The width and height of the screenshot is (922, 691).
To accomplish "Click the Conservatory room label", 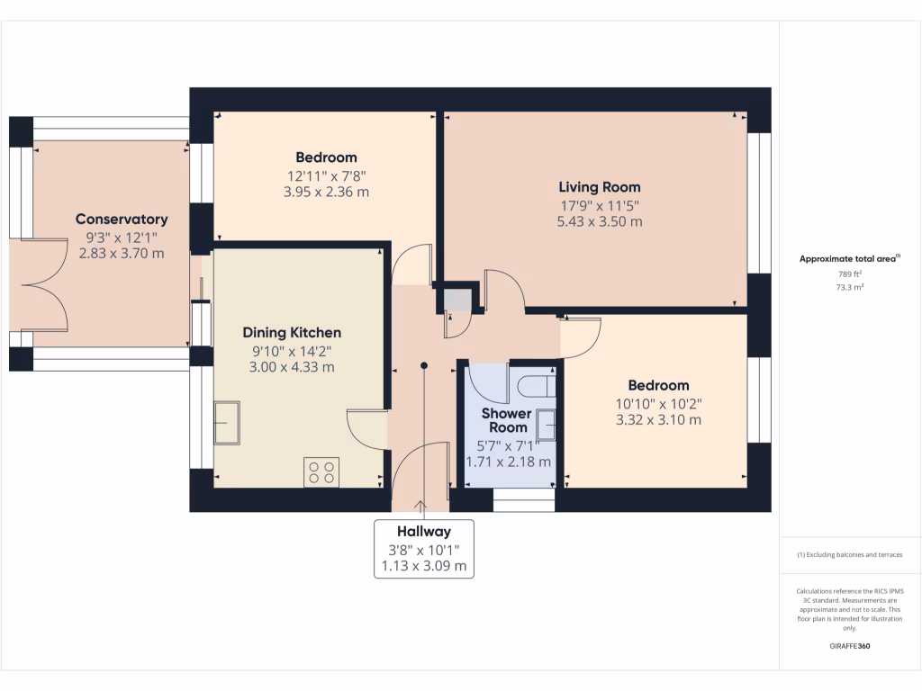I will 122,220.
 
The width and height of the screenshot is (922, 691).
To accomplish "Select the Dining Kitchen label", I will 291,333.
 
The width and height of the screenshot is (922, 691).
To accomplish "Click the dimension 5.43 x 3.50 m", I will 600,221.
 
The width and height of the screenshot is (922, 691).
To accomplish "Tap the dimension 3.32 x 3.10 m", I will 658,419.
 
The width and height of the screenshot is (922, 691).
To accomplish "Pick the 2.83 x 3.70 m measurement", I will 122,253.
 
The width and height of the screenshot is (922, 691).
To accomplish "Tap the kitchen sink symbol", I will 226,423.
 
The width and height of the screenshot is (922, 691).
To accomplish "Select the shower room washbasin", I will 546,423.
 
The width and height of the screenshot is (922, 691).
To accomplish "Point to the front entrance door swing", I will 421,468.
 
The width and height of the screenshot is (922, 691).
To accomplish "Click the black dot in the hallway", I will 424,365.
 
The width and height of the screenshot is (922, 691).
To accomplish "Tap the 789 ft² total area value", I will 850,274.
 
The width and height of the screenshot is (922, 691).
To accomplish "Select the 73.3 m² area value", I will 850,288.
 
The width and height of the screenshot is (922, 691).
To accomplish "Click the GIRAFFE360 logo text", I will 850,646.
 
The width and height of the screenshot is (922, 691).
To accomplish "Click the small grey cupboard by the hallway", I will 456,299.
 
